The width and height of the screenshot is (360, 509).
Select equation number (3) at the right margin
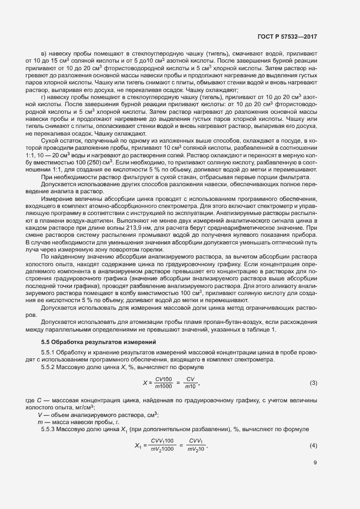313,383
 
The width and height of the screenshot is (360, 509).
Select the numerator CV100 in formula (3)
164,379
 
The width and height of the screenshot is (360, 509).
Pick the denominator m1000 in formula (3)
164,387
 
